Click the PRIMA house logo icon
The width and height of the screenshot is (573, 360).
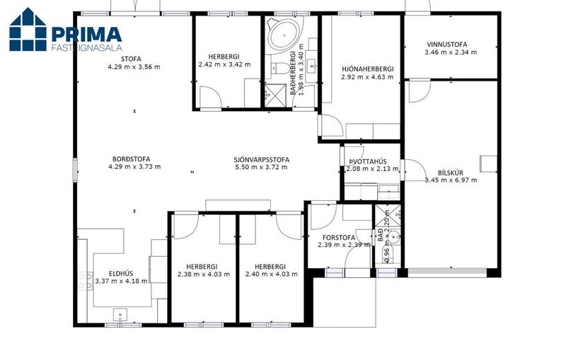[x=28, y=29]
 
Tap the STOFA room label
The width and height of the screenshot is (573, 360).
[x=131, y=59]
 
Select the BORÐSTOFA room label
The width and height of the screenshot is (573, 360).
[x=131, y=159]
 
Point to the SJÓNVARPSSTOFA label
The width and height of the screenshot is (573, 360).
[x=262, y=160]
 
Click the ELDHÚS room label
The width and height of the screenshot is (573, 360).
[x=121, y=274]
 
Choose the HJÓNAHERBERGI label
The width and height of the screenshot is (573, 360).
[x=368, y=69]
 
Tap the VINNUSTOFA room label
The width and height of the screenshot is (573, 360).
[x=447, y=45]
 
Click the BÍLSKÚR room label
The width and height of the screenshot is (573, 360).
[x=451, y=173]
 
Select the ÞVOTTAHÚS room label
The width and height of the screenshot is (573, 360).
[x=368, y=161]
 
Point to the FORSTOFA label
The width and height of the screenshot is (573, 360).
[x=338, y=238]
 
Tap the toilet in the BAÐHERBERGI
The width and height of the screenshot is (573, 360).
[x=280, y=68]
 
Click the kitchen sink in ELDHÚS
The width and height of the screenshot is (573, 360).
[x=120, y=314]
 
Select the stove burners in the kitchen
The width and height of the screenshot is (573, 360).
[x=85, y=281]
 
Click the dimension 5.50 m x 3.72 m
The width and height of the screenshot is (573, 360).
[x=261, y=168]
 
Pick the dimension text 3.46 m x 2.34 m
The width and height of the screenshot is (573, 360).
[x=451, y=52]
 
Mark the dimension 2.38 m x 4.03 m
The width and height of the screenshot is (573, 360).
[x=204, y=274]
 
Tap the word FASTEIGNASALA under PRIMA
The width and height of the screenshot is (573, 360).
[x=86, y=47]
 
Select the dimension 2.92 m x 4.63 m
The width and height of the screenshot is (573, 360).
[x=367, y=77]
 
